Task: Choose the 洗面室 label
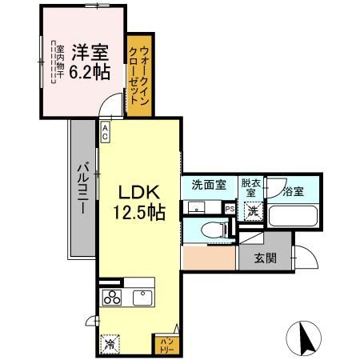208,185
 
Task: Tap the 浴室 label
293,191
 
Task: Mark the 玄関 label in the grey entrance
266,258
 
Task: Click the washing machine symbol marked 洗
253,211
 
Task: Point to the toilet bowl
211,230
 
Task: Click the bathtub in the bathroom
292,216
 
